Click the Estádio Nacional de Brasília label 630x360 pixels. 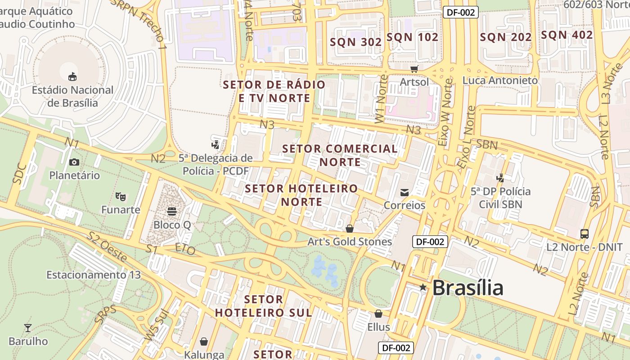[72, 96]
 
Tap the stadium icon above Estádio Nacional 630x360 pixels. [72, 76]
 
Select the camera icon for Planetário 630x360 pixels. [74, 162]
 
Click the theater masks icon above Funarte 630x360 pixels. [120, 196]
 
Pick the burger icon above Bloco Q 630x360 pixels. [172, 211]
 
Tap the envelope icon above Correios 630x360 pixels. [405, 193]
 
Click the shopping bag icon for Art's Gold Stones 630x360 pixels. [350, 229]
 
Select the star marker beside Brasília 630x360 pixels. [423, 287]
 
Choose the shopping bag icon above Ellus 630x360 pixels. [378, 314]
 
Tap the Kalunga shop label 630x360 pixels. [204, 355]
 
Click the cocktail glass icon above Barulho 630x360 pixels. [28, 328]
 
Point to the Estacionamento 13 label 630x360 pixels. [94, 274]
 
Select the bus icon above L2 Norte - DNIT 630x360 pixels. [584, 234]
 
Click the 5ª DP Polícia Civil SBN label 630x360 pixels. [500, 198]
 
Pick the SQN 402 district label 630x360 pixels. [567, 35]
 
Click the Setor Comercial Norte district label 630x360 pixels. [340, 155]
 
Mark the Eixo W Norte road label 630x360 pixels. [446, 112]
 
